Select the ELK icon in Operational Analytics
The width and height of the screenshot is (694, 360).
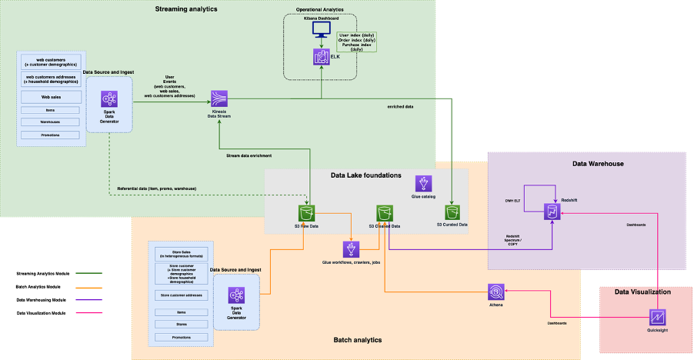(x=321, y=56)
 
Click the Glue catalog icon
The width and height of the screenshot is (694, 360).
(x=424, y=183)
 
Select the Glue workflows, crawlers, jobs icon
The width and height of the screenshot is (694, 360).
(x=352, y=249)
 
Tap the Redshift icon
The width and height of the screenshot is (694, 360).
(x=552, y=212)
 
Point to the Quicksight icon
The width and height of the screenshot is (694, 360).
(x=658, y=317)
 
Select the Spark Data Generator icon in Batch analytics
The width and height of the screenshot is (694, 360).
(x=237, y=296)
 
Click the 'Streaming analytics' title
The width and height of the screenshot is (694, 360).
(x=186, y=9)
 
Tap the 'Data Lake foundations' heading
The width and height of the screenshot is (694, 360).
(x=366, y=175)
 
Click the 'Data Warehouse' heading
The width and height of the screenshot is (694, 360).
(x=598, y=164)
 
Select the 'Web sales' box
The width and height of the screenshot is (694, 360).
(x=50, y=97)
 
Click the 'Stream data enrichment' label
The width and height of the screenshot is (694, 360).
(x=250, y=155)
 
